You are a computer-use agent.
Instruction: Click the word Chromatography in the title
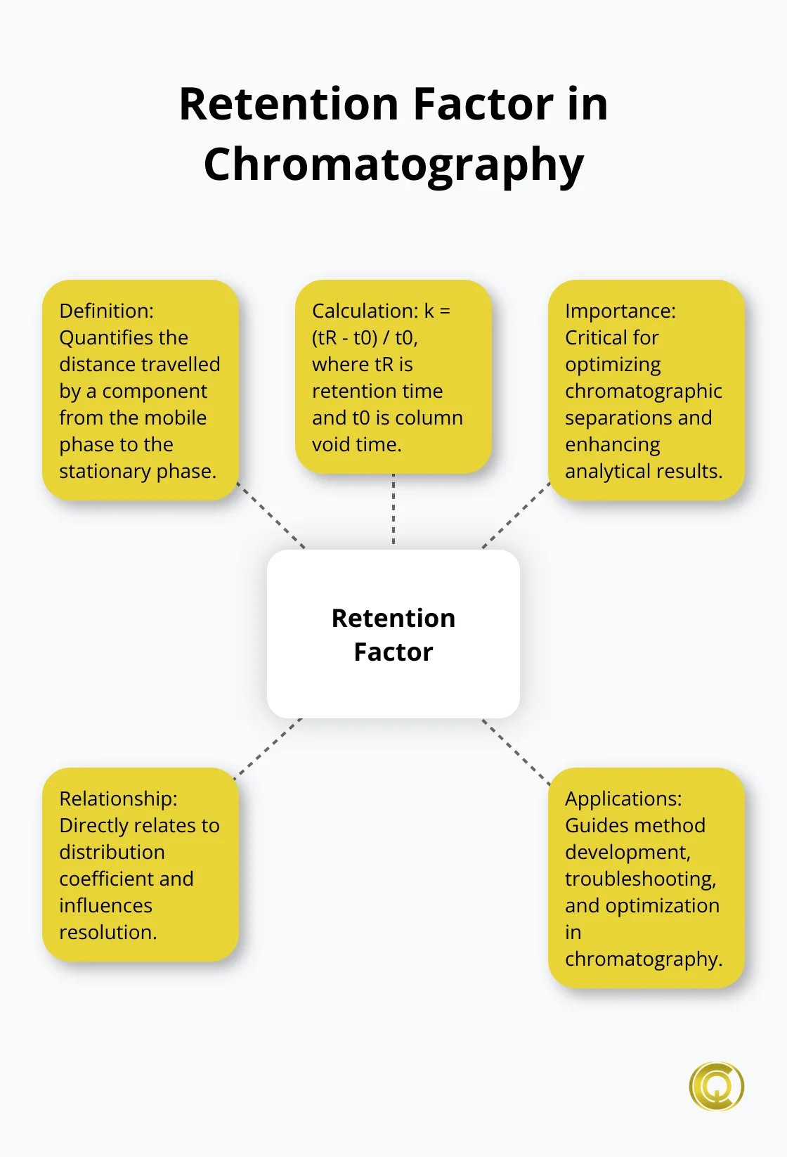(393, 165)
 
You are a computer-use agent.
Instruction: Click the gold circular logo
(716, 1086)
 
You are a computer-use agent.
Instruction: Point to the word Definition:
(106, 311)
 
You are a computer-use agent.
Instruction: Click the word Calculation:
(365, 311)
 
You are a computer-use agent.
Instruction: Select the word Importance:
(620, 311)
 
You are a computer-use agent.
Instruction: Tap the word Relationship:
(118, 799)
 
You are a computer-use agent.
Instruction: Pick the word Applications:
(623, 799)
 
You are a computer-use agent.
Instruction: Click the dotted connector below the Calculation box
(393, 510)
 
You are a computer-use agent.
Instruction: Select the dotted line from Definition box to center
(271, 515)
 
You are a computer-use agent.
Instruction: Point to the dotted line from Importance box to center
(516, 515)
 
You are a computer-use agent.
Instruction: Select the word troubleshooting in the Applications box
(640, 879)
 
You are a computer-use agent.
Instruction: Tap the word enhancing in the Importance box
(612, 445)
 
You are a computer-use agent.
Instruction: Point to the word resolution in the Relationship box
(108, 933)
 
